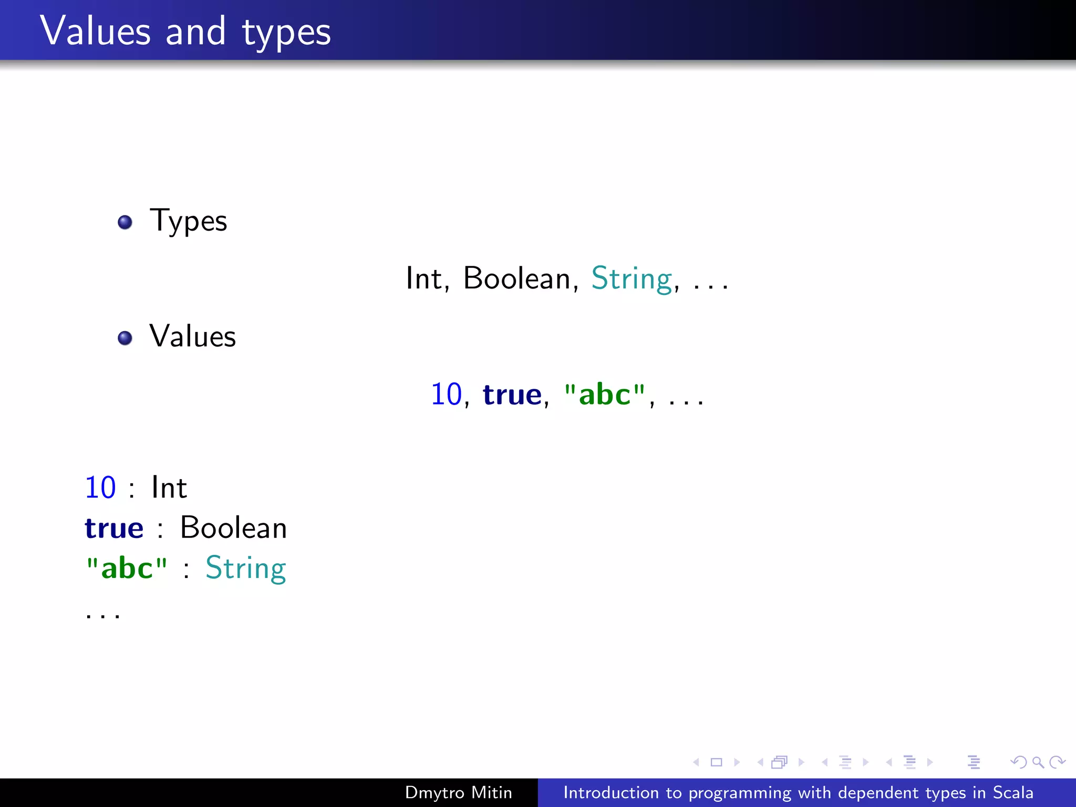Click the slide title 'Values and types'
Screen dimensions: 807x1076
(185, 32)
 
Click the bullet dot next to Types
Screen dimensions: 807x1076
(125, 222)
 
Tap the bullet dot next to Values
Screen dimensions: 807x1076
(125, 338)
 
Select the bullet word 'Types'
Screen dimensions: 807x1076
(188, 221)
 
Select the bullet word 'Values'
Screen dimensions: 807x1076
(192, 336)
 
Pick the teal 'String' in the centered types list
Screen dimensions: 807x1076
(632, 279)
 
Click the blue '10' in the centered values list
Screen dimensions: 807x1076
(446, 394)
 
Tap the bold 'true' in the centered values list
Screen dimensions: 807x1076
(512, 395)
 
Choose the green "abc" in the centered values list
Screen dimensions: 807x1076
(604, 394)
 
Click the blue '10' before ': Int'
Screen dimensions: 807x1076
(100, 488)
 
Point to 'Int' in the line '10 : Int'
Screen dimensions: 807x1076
(169, 488)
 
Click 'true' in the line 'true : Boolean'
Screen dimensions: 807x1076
(114, 528)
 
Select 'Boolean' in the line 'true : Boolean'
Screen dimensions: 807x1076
(233, 528)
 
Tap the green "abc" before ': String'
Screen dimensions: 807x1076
(127, 568)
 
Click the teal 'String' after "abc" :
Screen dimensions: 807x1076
(245, 568)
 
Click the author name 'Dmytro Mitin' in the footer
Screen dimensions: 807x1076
(458, 792)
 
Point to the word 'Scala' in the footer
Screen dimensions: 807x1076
(1012, 792)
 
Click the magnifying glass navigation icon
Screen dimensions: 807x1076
(1038, 762)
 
